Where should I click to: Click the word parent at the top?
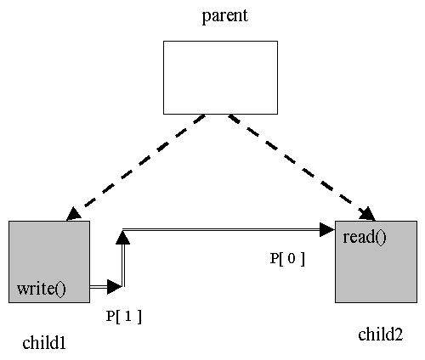click(x=225, y=16)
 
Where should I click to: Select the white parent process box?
click(x=220, y=77)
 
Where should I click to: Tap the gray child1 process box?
click(x=49, y=262)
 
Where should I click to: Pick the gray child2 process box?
click(x=376, y=262)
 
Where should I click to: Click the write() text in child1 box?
click(x=42, y=289)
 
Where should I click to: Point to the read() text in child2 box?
click(x=365, y=237)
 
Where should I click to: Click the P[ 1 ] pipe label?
click(x=123, y=317)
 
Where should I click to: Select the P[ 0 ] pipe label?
click(x=287, y=259)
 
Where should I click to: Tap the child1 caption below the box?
click(x=44, y=343)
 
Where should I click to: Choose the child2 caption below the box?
click(x=380, y=335)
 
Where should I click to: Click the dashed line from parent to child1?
click(x=135, y=167)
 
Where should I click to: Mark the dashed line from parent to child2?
click(x=302, y=167)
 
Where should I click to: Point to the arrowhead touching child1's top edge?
click(x=73, y=214)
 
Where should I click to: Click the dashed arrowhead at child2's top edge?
click(x=368, y=214)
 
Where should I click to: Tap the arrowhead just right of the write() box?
click(x=115, y=287)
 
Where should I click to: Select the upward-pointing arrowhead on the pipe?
click(x=123, y=238)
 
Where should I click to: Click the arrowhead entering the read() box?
click(x=327, y=229)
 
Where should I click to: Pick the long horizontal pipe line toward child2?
click(x=221, y=229)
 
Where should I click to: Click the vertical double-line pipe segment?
click(x=123, y=265)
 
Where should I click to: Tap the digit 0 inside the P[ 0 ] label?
click(x=292, y=258)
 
